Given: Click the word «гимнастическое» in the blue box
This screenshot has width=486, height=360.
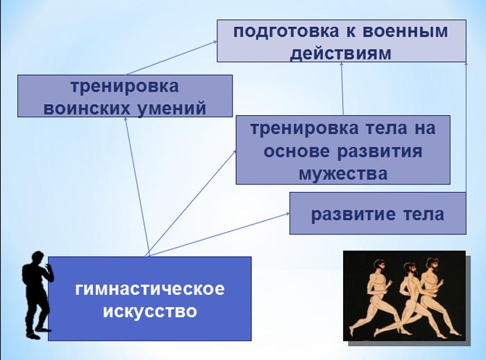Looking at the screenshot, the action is click(150, 290).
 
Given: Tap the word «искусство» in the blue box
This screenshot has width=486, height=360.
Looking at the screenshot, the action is click(150, 311).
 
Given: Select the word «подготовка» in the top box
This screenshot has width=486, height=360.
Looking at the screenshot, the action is click(286, 32).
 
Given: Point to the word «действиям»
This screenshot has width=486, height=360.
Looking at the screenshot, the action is click(341, 53).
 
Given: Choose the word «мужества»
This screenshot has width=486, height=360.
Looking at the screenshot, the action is click(343, 174).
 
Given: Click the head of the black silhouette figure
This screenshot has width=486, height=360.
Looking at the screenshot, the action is click(38, 258).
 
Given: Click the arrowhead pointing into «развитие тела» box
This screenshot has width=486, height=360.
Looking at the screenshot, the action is click(287, 214).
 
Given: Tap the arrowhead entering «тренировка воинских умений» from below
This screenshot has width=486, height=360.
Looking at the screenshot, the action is click(126, 119).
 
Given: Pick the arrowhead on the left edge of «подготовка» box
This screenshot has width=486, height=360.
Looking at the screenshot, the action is click(215, 42).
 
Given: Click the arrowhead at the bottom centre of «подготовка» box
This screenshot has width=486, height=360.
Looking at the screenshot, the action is click(342, 65).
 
